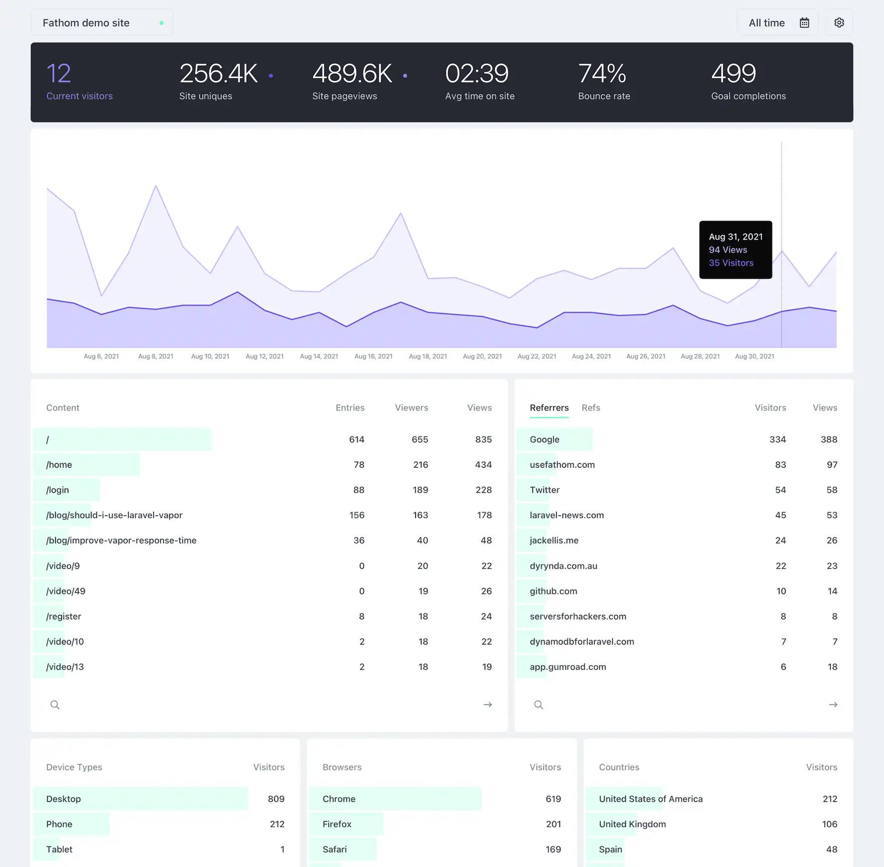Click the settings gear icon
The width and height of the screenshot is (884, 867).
click(839, 23)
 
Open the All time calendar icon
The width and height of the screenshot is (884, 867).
click(804, 23)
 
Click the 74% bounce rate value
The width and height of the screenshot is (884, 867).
click(602, 74)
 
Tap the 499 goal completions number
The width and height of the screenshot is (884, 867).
click(733, 74)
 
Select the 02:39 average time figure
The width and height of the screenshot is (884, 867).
click(477, 74)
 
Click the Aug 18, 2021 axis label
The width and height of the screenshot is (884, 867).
click(427, 356)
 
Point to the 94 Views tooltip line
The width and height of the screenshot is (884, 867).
click(728, 250)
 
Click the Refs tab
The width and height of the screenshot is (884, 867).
click(591, 408)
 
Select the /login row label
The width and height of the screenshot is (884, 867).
click(58, 490)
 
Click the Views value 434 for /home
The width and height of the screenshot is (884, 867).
click(483, 465)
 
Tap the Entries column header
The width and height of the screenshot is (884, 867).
click(350, 408)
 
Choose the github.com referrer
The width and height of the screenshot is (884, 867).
click(553, 591)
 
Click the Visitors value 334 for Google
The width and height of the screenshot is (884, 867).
click(778, 440)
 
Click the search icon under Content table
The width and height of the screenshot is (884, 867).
click(55, 705)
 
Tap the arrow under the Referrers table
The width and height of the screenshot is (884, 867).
click(833, 705)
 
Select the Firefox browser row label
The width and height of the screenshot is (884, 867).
click(337, 824)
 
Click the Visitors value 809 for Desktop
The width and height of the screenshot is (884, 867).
click(276, 799)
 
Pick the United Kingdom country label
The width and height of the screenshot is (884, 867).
click(632, 824)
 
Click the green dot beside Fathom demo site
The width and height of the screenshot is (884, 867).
click(161, 23)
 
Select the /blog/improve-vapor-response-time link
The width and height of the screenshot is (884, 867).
click(121, 540)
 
